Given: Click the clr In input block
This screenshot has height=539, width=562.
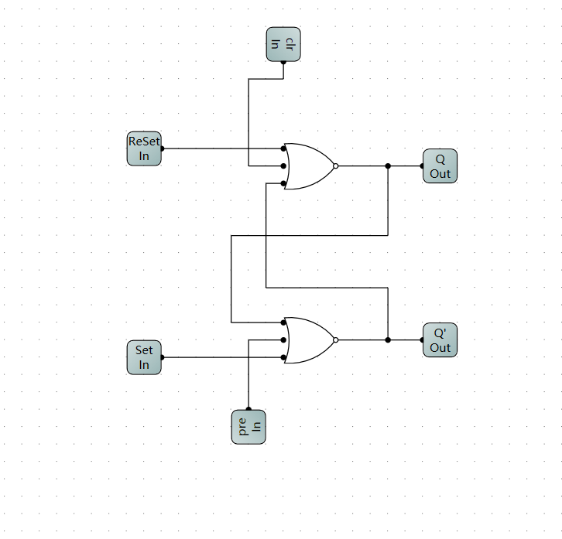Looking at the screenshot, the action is pos(283,44).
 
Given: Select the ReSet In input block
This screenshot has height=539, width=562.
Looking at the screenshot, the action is pos(144,148).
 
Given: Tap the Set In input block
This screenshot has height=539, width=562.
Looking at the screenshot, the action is pos(144,357).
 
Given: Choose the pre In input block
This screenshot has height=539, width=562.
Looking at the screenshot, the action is pos(248,427).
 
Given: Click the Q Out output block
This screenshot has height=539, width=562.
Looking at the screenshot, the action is pos(440,166).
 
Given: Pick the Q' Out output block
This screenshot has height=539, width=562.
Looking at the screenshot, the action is pos(440,340).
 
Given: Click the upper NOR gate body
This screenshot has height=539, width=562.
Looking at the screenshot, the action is pos(309,166).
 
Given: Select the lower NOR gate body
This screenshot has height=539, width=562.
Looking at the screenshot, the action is pos(309,340).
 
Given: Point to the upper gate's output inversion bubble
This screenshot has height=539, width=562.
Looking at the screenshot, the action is pos(335,166).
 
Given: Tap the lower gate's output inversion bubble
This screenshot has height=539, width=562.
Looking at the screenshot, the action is pos(335,340).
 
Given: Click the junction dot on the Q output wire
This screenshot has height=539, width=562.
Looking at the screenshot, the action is pos(388,166).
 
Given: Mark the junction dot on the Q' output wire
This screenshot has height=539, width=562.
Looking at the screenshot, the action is pos(388,340).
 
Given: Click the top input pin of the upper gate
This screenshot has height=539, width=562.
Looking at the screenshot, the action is pos(283,148).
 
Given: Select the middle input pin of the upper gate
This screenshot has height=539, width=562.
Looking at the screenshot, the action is pos(283,166).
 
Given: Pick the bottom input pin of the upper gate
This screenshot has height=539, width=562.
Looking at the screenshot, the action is pos(283,183).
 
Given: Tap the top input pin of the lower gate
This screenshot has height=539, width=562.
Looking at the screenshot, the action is pos(283,322).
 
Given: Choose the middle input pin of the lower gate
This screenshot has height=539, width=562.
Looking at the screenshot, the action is pos(283,340).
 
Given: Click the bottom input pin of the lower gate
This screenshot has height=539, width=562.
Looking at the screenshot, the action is pos(283,357).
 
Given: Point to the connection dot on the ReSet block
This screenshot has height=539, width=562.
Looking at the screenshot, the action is pos(162,148).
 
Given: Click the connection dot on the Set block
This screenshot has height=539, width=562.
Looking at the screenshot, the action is pos(162,357).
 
